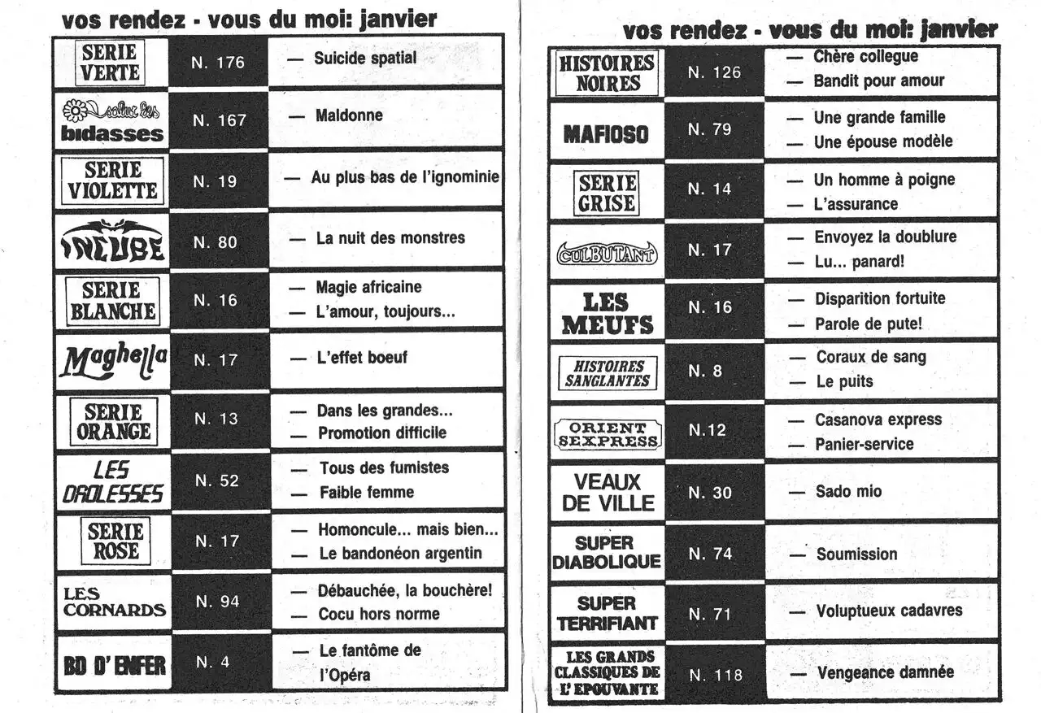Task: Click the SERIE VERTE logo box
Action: click(x=111, y=63)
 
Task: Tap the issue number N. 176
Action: click(x=218, y=62)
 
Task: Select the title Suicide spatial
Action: click(x=365, y=58)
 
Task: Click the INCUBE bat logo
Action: click(x=113, y=241)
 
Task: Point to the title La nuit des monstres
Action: click(x=390, y=238)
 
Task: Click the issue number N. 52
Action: click(x=218, y=480)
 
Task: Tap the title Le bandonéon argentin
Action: click(x=400, y=553)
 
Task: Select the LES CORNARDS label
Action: click(x=113, y=602)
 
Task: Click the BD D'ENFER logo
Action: click(x=113, y=665)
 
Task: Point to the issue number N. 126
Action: click(x=714, y=72)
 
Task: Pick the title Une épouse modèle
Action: click(x=882, y=141)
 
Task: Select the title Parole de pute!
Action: click(x=869, y=324)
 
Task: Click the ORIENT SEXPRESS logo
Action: click(x=608, y=435)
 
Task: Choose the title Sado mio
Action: click(x=848, y=491)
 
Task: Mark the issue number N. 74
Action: click(x=710, y=554)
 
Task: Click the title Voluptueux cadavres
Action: click(x=889, y=610)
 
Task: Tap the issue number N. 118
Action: click(x=715, y=675)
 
